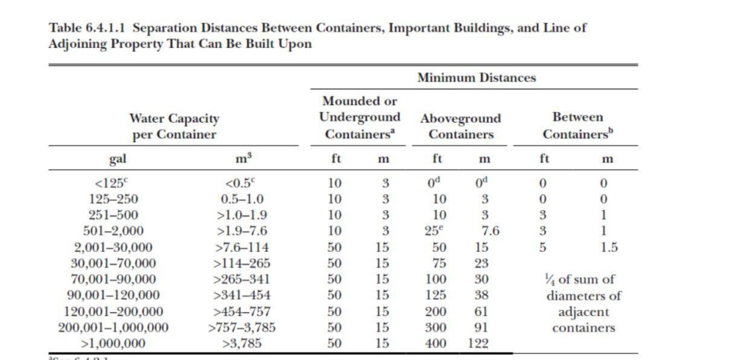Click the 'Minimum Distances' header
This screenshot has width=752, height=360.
click(x=477, y=77)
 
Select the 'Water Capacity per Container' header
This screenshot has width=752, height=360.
click(x=174, y=126)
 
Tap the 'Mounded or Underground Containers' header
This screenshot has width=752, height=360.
click(x=360, y=118)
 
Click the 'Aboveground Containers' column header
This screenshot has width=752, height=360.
click(x=460, y=126)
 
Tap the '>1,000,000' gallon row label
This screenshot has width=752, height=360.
click(x=113, y=343)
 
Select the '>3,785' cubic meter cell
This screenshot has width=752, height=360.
click(x=242, y=343)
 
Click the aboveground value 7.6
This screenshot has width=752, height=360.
click(x=491, y=231)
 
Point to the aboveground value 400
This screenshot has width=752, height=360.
click(x=438, y=343)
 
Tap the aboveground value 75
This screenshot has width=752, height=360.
click(x=438, y=263)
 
